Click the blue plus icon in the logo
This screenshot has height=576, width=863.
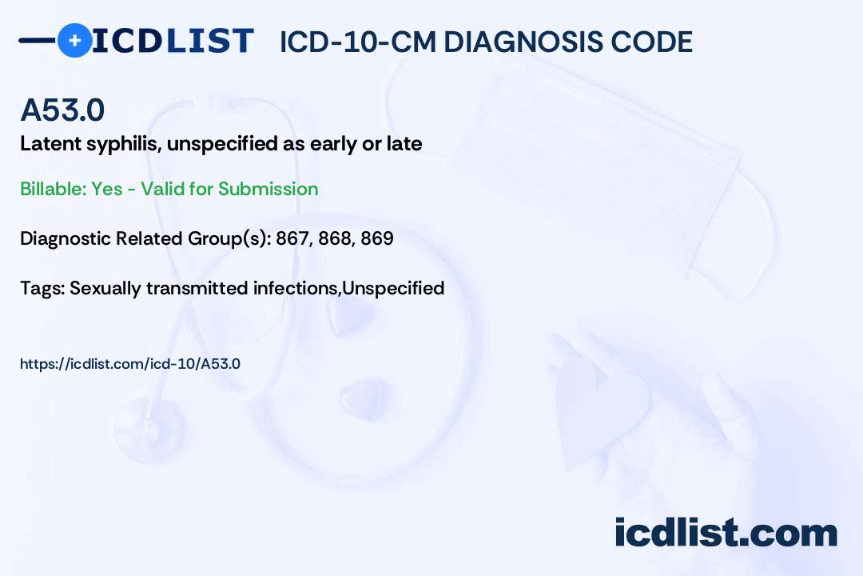(74, 40)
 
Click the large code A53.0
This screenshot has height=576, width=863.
(62, 110)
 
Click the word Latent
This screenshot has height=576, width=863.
(50, 143)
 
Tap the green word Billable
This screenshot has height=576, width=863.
(54, 189)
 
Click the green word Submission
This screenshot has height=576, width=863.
(268, 189)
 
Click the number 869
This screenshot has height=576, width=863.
(377, 238)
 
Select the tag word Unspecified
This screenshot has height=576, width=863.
(393, 289)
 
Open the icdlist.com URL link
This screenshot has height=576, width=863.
(130, 364)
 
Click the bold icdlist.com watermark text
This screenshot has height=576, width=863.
(726, 533)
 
